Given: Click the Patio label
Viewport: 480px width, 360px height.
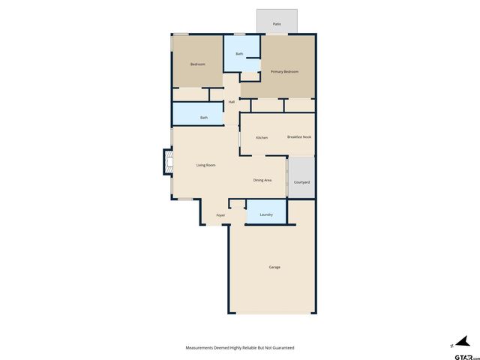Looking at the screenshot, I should click(277, 25).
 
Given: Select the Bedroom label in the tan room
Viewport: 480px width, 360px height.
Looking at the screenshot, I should click(197, 64).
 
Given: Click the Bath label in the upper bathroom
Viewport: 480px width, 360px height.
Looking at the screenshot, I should click(239, 54).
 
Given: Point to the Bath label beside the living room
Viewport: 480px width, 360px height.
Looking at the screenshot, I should click(203, 118).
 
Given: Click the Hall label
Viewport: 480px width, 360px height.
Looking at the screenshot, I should click(232, 102).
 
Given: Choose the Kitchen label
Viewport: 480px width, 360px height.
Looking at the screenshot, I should click(262, 138).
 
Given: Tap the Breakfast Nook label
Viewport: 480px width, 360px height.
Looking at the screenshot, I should click(299, 137).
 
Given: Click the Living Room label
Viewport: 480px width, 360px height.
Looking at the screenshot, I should click(205, 165).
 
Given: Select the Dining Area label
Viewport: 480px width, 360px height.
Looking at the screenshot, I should click(262, 181).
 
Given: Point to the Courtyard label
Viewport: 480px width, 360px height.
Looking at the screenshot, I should click(301, 183).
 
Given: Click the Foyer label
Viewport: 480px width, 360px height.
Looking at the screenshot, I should click(220, 215).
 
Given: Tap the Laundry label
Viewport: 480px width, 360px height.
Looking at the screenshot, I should click(266, 215).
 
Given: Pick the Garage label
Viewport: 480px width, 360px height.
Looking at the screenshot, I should click(274, 268).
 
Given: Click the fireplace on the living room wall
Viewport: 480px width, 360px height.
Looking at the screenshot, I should click(169, 161).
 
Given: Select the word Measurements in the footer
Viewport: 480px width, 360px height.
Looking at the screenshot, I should click(202, 348).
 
